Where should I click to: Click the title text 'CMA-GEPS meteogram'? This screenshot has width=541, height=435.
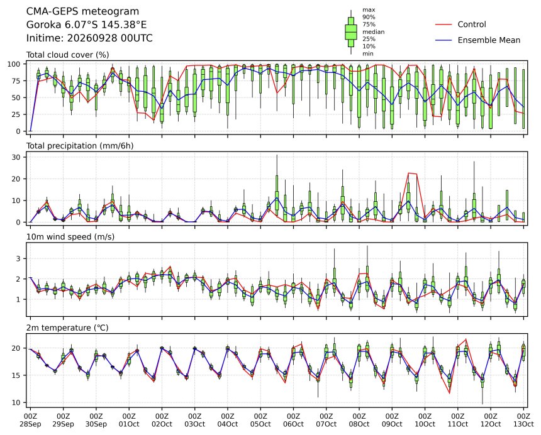83,11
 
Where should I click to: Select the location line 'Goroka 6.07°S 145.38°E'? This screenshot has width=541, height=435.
87,25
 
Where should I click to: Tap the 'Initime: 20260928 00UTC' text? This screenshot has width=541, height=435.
89,38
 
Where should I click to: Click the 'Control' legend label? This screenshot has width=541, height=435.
472,25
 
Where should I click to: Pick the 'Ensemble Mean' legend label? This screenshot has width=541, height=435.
489,40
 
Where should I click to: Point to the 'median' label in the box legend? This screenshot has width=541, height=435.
373,31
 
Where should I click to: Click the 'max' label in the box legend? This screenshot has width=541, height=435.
369,10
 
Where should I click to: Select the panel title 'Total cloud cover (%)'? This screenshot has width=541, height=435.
68,55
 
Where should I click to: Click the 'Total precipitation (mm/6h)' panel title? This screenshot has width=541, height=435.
80,146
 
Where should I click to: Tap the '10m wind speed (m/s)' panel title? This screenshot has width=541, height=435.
70,237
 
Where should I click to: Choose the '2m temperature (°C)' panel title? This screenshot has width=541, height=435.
67,328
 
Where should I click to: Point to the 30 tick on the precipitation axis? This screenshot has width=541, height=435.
17,157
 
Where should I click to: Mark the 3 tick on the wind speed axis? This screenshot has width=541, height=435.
19,258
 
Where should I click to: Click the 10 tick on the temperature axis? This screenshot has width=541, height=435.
17,402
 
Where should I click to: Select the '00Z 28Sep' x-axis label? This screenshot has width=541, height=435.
30,421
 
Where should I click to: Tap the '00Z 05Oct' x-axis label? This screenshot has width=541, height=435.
260,421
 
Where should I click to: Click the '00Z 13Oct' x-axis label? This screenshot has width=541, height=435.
523,421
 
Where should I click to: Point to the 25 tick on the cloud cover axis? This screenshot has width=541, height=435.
17,114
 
